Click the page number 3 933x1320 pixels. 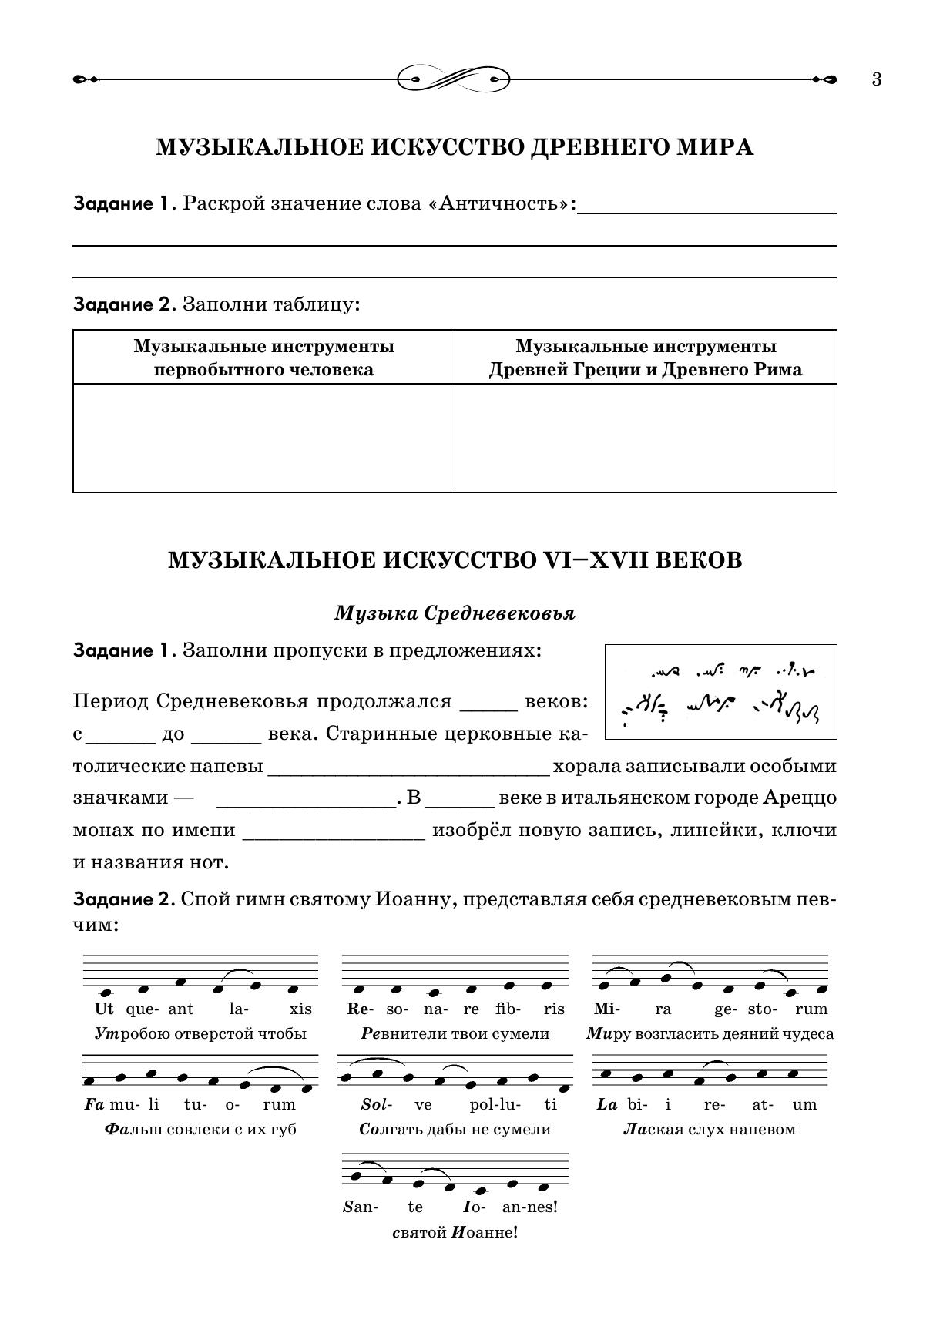click(877, 79)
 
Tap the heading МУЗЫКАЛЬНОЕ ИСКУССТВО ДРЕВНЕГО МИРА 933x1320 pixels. click(455, 147)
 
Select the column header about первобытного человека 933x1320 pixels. click(263, 358)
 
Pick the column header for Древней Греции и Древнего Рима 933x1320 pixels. click(646, 358)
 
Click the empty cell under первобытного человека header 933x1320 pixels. click(263, 438)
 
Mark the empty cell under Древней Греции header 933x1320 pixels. click(646, 438)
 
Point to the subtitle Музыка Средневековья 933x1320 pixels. click(455, 613)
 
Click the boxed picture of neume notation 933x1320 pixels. click(720, 692)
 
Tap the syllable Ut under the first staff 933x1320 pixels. click(103, 1009)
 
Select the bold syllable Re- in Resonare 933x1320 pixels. click(358, 1009)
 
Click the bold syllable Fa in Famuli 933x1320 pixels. click(94, 1104)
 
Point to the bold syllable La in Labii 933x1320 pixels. click(607, 1104)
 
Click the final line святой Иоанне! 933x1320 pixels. click(455, 1232)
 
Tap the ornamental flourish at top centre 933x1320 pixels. click(455, 79)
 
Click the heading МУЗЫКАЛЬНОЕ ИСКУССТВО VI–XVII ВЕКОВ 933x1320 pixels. click(455, 560)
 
